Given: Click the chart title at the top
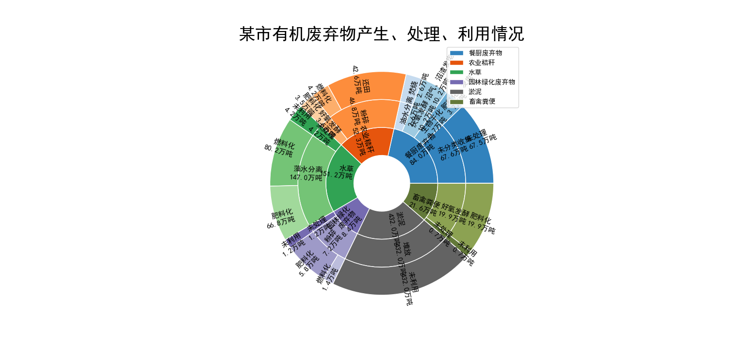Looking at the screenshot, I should tap(382, 34).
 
